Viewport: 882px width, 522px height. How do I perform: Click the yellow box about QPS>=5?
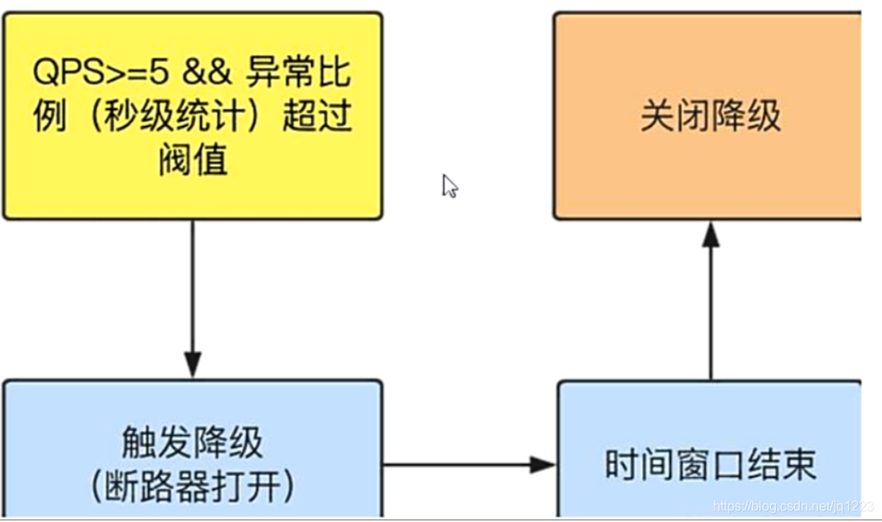(x=192, y=116)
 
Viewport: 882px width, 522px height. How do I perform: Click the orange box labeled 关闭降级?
(x=709, y=116)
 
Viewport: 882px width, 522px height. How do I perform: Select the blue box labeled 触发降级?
(x=192, y=447)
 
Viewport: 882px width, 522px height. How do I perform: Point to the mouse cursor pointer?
(x=449, y=186)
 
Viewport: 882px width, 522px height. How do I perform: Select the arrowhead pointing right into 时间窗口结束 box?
(x=542, y=465)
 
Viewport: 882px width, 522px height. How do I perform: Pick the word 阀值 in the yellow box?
(x=192, y=160)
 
